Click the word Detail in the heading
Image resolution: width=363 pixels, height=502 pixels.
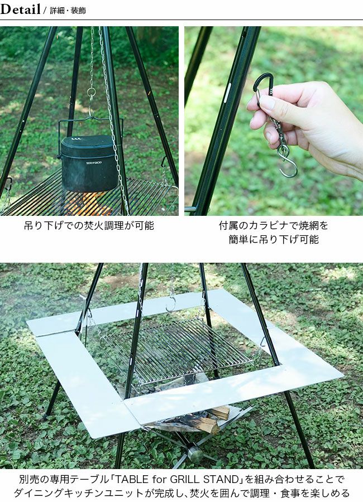click(20, 9)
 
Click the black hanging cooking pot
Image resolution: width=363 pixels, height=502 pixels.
click(89, 163)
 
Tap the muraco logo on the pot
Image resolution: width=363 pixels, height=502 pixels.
click(94, 162)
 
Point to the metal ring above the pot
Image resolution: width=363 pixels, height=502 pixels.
click(91, 93)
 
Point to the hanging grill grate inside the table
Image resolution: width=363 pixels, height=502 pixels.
click(178, 350)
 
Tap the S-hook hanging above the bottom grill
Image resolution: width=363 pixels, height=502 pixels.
click(170, 303)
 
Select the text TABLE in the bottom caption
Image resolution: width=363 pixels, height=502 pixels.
click(132, 479)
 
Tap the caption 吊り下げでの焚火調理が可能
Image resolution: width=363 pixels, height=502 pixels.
click(89, 226)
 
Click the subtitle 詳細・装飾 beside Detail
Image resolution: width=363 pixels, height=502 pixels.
click(68, 11)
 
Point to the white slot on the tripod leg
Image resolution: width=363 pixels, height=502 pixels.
click(228, 93)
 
